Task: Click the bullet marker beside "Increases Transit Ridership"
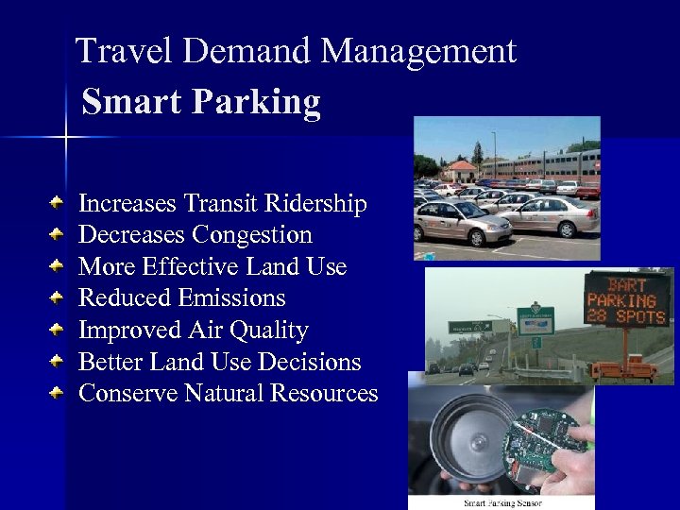(x=59, y=202)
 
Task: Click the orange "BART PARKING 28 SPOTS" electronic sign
(x=626, y=298)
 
